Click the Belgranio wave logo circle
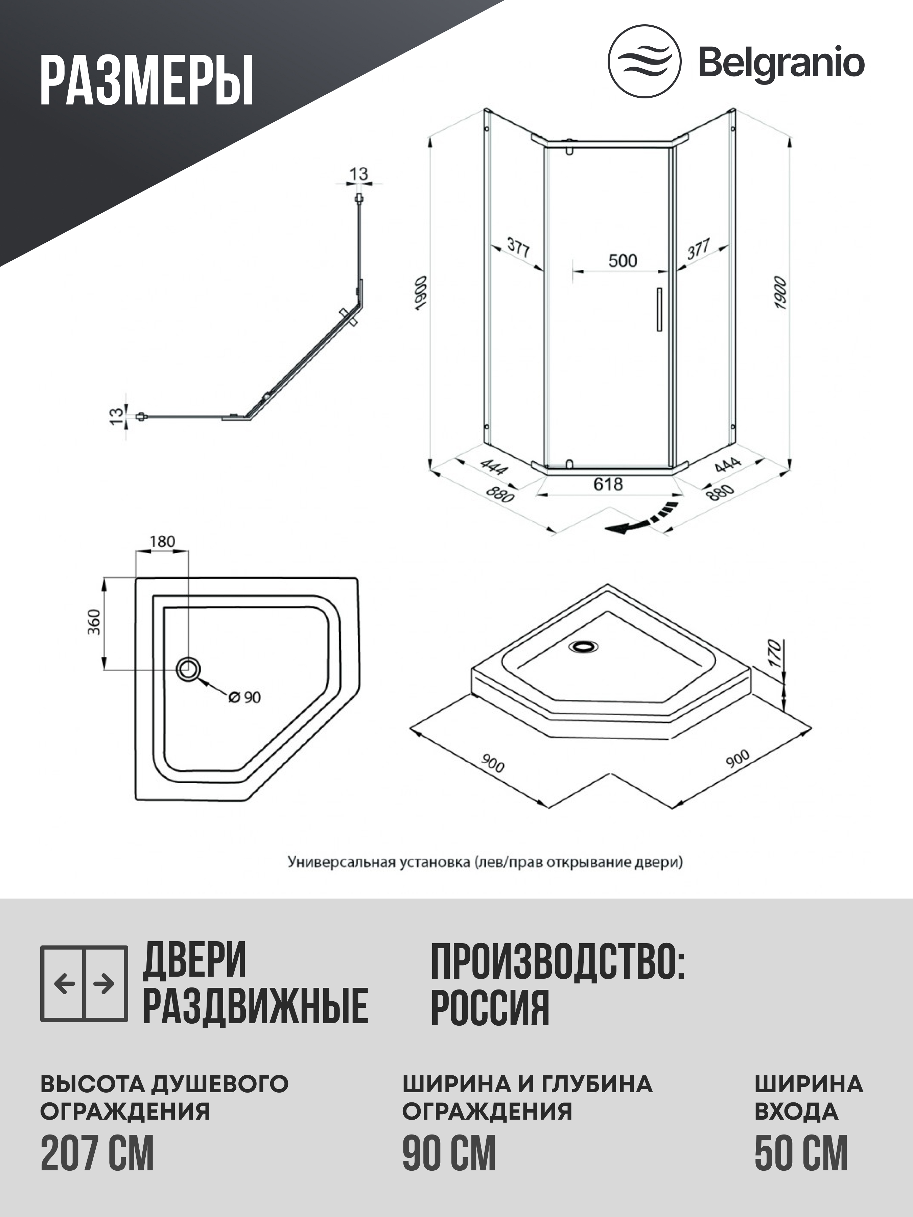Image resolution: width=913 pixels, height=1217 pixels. point(644,62)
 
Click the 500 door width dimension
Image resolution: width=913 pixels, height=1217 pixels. point(623,261)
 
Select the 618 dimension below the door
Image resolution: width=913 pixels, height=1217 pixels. point(608,484)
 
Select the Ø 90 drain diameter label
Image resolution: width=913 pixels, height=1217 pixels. point(245,698)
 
